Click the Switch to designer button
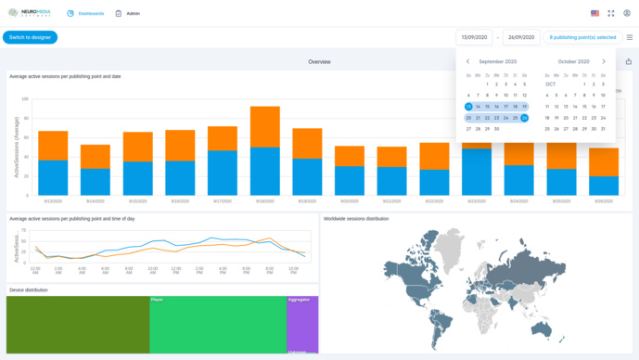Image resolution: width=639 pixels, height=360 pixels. [30, 37]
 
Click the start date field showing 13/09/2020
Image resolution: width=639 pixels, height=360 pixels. [474, 37]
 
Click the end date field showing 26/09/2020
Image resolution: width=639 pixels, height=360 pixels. [521, 37]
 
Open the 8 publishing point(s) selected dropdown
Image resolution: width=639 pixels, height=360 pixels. [582, 37]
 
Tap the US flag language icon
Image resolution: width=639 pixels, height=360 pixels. [594, 14]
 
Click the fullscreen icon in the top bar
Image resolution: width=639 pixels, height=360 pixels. [611, 14]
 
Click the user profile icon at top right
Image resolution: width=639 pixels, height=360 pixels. [627, 14]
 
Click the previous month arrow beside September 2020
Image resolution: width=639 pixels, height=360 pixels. [467, 62]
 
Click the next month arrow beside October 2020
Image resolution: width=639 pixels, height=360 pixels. [604, 62]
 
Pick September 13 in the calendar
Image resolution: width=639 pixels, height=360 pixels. [468, 107]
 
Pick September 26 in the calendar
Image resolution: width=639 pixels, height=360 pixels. [524, 118]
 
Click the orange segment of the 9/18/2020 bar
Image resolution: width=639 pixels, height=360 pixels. [264, 127]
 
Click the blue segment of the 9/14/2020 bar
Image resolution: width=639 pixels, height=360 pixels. [96, 181]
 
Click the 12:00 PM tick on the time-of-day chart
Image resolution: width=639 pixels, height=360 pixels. [175, 271]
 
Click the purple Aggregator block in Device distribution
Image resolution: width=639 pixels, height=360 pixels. [302, 325]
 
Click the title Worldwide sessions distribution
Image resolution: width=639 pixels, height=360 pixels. [356, 219]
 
